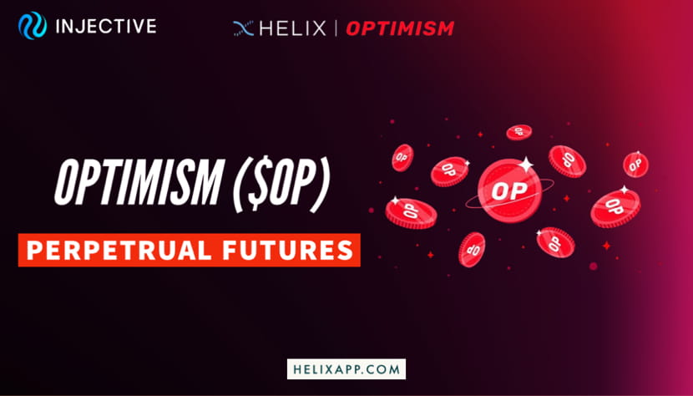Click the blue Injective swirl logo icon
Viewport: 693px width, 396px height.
[x=32, y=27]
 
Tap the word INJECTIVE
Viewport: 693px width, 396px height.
[x=104, y=27]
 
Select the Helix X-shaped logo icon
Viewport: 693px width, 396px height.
[x=243, y=28]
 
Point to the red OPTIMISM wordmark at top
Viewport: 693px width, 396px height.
[x=399, y=28]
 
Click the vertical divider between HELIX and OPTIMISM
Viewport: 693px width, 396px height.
[x=336, y=28]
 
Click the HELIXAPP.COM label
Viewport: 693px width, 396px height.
[x=346, y=368]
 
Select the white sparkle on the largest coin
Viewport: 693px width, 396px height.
[x=526, y=164]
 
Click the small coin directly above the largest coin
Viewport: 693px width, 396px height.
[x=518, y=132]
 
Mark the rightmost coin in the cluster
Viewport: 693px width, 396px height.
[x=635, y=164]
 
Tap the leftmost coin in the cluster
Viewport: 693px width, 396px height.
[x=402, y=157]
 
